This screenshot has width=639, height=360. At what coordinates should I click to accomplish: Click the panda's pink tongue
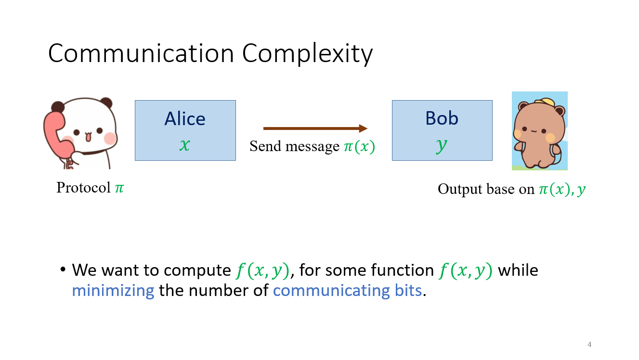click(x=88, y=138)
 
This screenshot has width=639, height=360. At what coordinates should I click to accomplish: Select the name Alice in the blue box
click(x=185, y=119)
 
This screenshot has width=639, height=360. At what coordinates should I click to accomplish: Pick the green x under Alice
click(x=185, y=144)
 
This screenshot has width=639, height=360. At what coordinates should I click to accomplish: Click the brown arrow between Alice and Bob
click(x=315, y=129)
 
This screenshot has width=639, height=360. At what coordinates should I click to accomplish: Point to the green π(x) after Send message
click(x=359, y=146)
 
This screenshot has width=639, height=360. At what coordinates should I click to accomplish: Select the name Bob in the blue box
click(x=442, y=118)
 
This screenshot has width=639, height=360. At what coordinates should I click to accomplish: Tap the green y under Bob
click(x=442, y=145)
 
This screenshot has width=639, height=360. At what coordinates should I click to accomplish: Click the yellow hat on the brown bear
click(x=547, y=103)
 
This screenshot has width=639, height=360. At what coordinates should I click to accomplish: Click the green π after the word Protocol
click(x=119, y=187)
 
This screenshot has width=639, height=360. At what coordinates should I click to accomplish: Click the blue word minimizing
click(x=113, y=291)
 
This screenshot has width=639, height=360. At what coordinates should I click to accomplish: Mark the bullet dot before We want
click(x=63, y=270)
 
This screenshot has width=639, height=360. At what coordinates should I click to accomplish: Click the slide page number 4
click(x=589, y=345)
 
